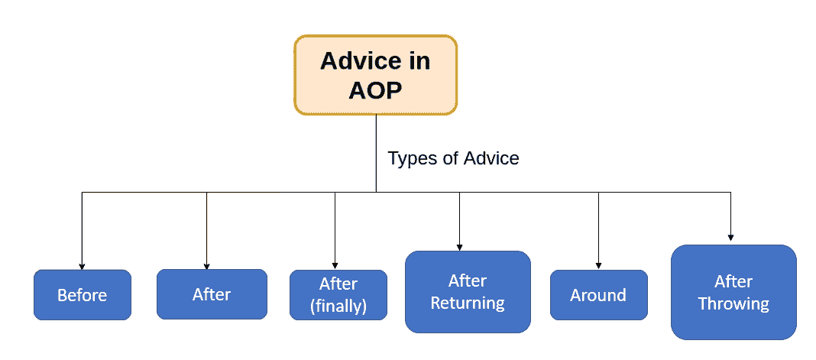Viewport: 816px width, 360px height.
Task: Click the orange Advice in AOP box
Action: click(x=375, y=75)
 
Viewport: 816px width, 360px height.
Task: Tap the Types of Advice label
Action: click(x=453, y=158)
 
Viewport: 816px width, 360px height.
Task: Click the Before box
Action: click(x=83, y=295)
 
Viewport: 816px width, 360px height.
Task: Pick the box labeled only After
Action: click(x=212, y=294)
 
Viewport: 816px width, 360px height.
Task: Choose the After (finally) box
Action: click(x=338, y=295)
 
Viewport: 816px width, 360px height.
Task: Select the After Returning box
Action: click(x=468, y=292)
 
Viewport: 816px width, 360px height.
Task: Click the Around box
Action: click(x=598, y=295)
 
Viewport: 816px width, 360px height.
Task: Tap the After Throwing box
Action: click(x=733, y=293)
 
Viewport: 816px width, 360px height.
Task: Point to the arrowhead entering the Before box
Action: click(x=82, y=266)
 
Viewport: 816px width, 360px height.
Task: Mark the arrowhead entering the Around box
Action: click(x=598, y=266)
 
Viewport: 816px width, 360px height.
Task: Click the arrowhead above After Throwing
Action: click(x=730, y=237)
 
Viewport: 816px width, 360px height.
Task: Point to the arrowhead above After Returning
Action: click(x=459, y=247)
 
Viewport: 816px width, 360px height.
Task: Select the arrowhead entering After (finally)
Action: click(x=335, y=266)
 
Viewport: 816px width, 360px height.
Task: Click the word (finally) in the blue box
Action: click(x=338, y=306)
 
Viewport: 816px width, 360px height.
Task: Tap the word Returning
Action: click(x=468, y=303)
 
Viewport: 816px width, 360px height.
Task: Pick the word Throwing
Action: click(x=733, y=303)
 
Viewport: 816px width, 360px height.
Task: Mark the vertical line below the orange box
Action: click(x=376, y=154)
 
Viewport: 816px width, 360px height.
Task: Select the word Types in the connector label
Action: click(x=409, y=159)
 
